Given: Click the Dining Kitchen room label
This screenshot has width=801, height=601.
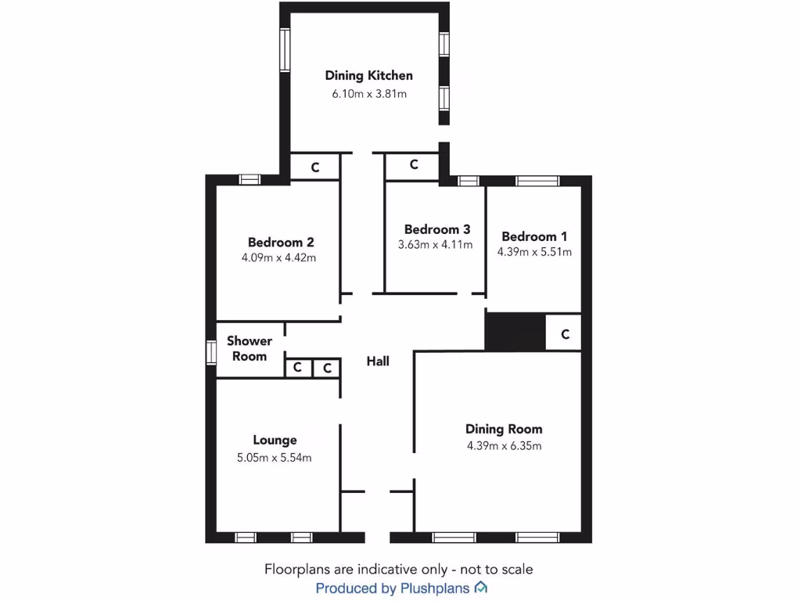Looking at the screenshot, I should pyautogui.click(x=368, y=76).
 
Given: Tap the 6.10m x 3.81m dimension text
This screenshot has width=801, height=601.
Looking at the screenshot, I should pyautogui.click(x=368, y=93).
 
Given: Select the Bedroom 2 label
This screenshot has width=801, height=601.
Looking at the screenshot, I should pyautogui.click(x=281, y=242).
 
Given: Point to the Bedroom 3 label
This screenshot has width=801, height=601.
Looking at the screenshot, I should pyautogui.click(x=436, y=229).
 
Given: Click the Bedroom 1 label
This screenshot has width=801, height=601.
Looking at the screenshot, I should pyautogui.click(x=534, y=236).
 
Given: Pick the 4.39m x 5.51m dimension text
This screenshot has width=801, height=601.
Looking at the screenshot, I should pyautogui.click(x=534, y=252).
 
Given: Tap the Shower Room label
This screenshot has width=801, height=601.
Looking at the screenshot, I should pyautogui.click(x=250, y=348).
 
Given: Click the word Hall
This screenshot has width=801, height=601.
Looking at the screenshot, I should pyautogui.click(x=378, y=361).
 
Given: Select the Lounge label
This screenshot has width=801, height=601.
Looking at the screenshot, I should pyautogui.click(x=275, y=441).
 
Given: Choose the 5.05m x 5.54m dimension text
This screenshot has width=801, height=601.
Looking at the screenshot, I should pyautogui.click(x=275, y=458).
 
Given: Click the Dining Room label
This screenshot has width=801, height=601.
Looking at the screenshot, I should pyautogui.click(x=504, y=429).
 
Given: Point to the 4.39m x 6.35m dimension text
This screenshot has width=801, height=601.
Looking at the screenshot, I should pyautogui.click(x=504, y=446).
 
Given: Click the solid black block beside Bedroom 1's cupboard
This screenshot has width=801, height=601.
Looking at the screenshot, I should pyautogui.click(x=515, y=331).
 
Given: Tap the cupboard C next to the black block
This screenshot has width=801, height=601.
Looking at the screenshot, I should pyautogui.click(x=564, y=334).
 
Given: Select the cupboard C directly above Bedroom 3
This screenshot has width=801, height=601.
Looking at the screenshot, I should pyautogui.click(x=413, y=165).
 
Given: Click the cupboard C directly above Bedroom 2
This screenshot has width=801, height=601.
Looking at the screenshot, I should pyautogui.click(x=315, y=167).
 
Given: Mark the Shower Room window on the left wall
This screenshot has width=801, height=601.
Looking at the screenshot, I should pyautogui.click(x=210, y=351).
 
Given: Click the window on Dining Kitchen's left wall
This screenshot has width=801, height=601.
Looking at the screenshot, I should pyautogui.click(x=286, y=50).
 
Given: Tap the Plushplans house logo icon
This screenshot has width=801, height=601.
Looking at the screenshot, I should pyautogui.click(x=482, y=588).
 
